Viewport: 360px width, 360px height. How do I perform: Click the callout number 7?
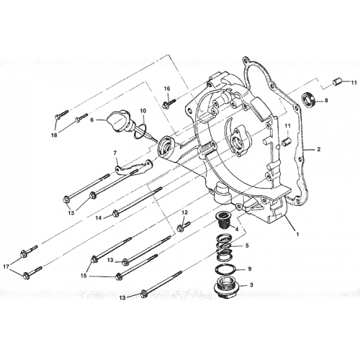pyautogui.click(x=114, y=153)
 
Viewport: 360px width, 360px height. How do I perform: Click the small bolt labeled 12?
pyautogui.click(x=183, y=225)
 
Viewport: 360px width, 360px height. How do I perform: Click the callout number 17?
pyautogui.click(x=9, y=266)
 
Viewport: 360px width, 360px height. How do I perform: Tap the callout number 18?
pyautogui.click(x=54, y=135)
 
